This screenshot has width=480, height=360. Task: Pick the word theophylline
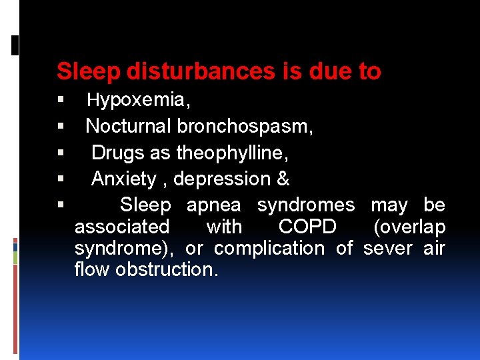(x=232, y=153)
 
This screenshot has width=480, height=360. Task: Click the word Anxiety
(x=124, y=179)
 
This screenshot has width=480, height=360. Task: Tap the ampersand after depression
(x=283, y=179)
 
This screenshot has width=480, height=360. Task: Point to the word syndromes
(x=306, y=205)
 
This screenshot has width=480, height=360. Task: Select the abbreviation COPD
(x=307, y=227)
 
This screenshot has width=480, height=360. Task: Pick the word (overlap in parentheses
(x=409, y=227)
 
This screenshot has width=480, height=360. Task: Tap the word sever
(x=389, y=248)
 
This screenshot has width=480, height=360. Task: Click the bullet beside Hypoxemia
(x=61, y=101)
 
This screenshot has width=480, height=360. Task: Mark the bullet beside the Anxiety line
(x=61, y=179)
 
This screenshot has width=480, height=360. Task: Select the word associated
(x=122, y=227)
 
